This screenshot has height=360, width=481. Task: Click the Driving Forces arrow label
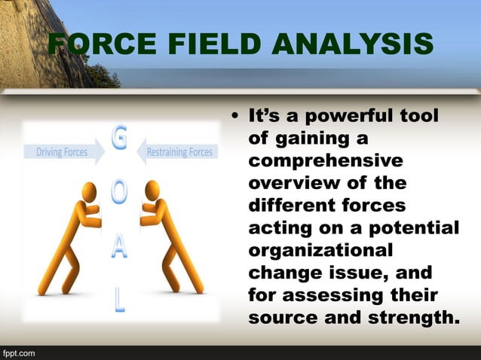pos(63,152)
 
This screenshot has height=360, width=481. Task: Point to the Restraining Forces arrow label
pos(179,152)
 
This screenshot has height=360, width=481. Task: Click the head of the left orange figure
pos(89,191)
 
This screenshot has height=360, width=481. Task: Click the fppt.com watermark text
pos(18,352)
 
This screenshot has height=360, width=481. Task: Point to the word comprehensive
pos(325,161)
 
